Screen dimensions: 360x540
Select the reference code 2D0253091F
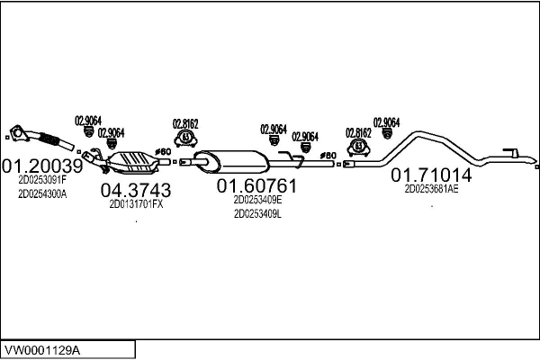coord(42,179)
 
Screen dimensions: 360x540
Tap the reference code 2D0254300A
coord(42,193)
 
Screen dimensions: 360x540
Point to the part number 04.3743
coord(135,190)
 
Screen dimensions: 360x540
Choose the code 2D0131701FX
coord(135,203)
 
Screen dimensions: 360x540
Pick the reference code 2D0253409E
coord(257,200)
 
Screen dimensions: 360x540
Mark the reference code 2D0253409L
coord(257,214)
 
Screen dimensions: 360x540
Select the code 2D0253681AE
coord(431,189)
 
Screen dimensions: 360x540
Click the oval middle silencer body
coord(232,160)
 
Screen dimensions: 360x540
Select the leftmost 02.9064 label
coord(86,121)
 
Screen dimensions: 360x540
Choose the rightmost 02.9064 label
coord(386,121)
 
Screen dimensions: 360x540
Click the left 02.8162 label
coord(185,123)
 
